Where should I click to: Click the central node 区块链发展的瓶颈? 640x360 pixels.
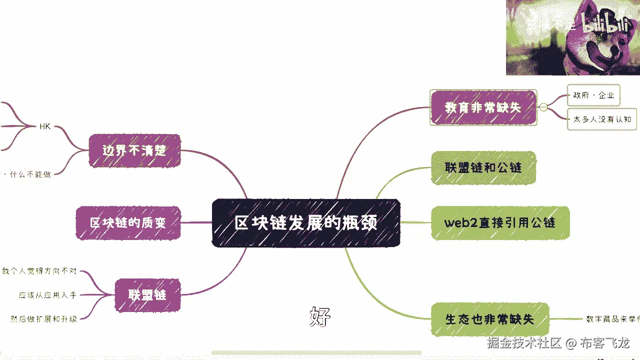pyautogui.click(x=306, y=223)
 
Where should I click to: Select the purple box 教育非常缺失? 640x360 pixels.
pyautogui.click(x=483, y=107)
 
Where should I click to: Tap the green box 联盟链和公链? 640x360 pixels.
pyautogui.click(x=483, y=167)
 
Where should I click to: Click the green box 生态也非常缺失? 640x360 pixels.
pyautogui.click(x=489, y=319)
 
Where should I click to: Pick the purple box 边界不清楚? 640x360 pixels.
pyautogui.click(x=134, y=150)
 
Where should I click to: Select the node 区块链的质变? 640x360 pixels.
pyautogui.click(x=128, y=222)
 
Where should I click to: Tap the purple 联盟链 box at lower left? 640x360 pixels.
pyautogui.click(x=147, y=295)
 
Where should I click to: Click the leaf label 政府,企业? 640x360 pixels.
pyautogui.click(x=593, y=95)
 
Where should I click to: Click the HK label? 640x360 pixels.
pyautogui.click(x=45, y=126)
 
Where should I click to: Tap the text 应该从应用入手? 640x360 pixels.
pyautogui.click(x=48, y=295)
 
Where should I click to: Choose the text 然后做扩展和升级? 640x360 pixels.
pyautogui.click(x=44, y=318)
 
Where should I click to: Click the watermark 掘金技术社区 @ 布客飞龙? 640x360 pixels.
pyautogui.click(x=558, y=343)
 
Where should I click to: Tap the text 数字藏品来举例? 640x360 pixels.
pyautogui.click(x=612, y=319)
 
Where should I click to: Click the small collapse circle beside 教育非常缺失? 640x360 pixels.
pyautogui.click(x=543, y=107)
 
